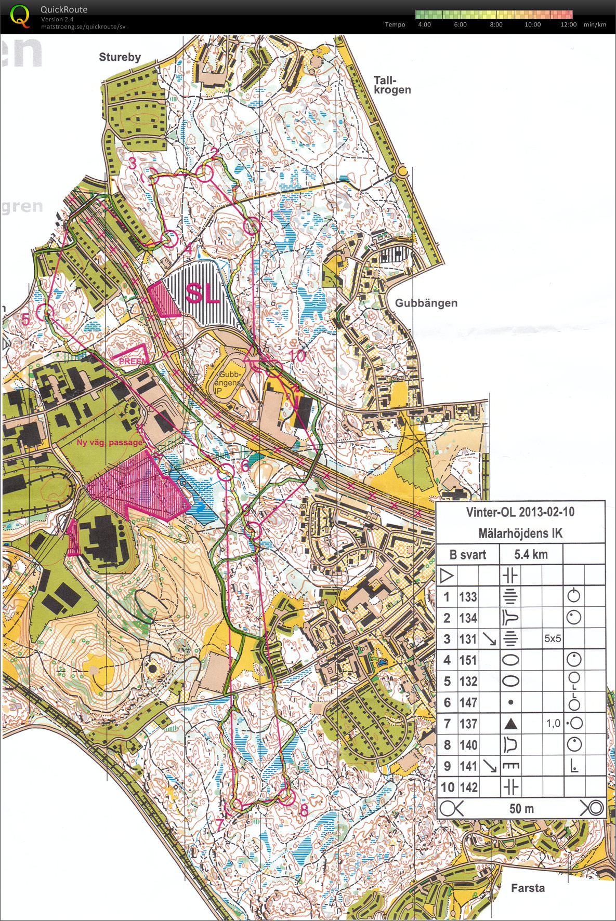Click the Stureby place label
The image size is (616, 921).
120,57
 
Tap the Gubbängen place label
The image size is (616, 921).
426,303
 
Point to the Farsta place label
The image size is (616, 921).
527,888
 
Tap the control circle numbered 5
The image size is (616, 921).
46,312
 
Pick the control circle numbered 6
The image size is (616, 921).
227,472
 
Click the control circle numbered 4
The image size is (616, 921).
172,238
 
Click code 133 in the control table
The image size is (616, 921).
467,597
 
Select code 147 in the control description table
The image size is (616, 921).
467,703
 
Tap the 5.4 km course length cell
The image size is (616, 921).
531,554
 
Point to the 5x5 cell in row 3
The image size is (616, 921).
552,639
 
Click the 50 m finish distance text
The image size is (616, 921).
521,808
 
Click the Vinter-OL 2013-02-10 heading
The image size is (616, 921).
520,512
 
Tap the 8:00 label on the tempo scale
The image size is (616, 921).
496,24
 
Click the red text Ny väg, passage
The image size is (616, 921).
109,443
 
